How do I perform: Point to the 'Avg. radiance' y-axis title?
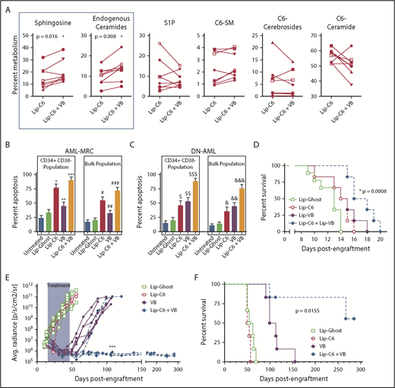(7, 320)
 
